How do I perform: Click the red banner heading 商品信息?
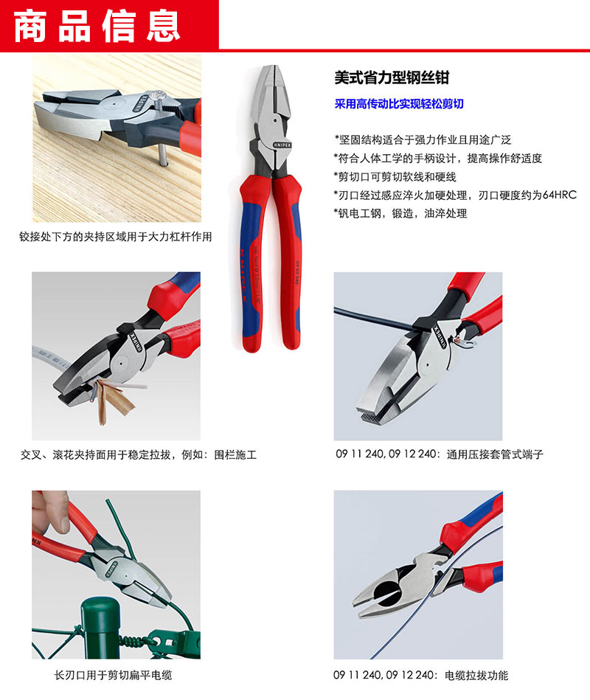coord(97,27)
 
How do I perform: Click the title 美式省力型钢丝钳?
coord(392,77)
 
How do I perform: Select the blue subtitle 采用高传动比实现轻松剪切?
coord(399,104)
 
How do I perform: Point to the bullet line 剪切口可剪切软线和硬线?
coord(395,177)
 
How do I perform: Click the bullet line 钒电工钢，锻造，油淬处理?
coord(400,213)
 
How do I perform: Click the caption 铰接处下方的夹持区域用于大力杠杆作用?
coord(115,237)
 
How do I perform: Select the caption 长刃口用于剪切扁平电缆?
coord(113,675)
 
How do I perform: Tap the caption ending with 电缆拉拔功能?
coord(420,675)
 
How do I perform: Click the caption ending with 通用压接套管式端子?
coord(440,454)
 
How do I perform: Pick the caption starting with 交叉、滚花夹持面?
coord(139,455)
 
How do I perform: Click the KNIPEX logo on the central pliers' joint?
coord(282,145)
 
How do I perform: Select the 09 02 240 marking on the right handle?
coord(296,272)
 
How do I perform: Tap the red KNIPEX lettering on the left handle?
coord(243,275)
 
